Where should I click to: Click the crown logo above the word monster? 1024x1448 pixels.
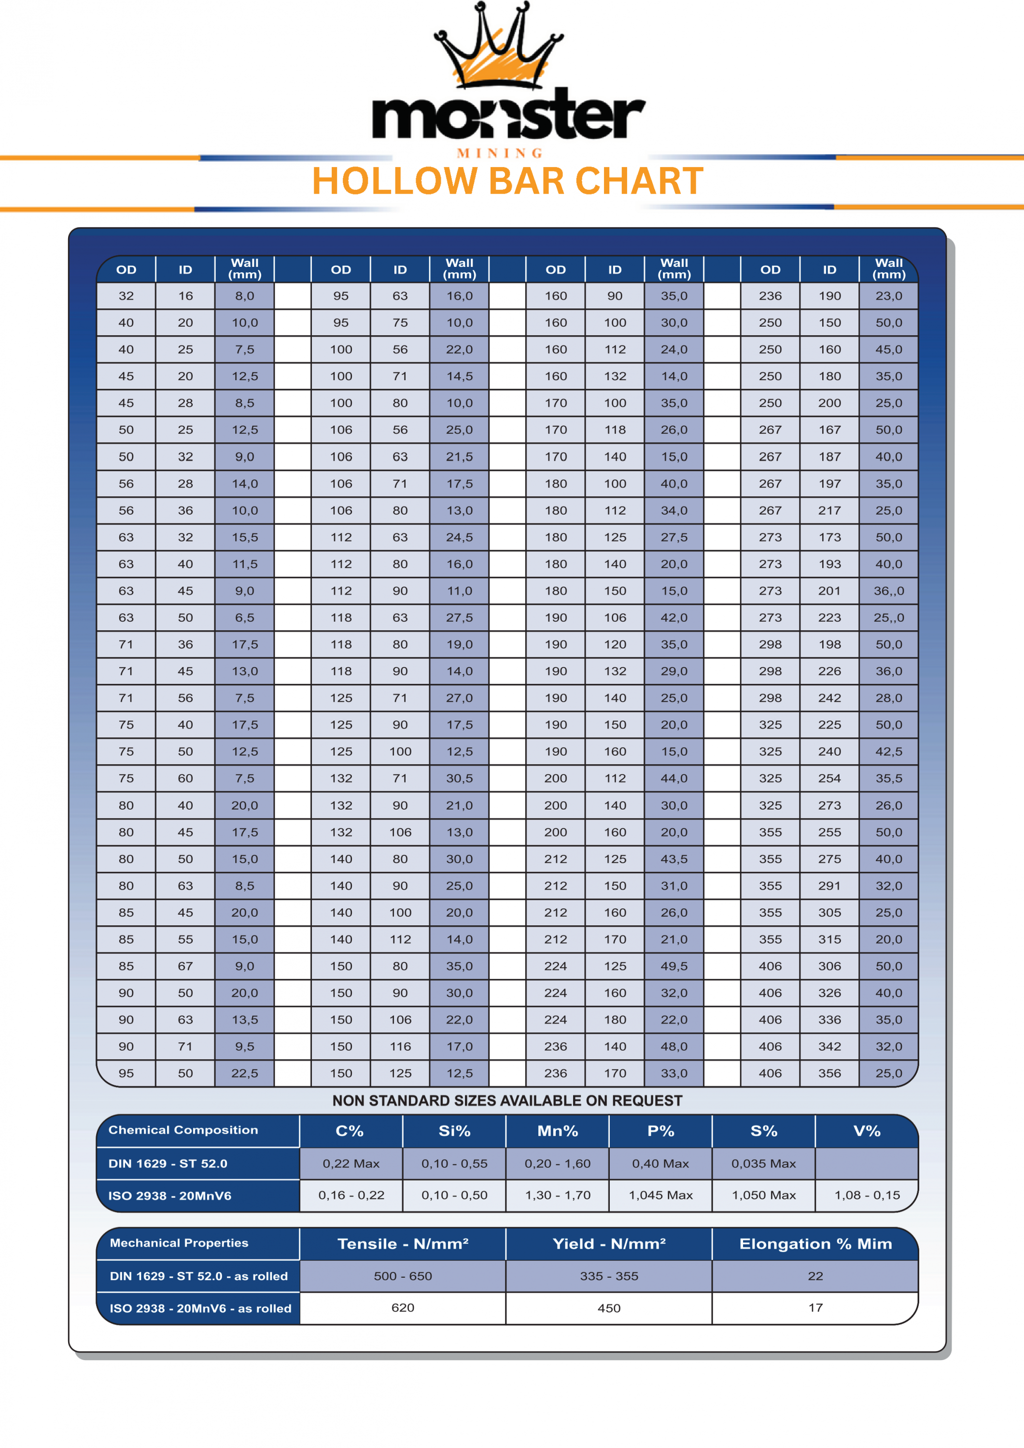(498, 47)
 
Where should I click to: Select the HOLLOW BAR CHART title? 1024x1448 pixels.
(507, 181)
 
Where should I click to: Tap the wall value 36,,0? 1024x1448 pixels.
(888, 591)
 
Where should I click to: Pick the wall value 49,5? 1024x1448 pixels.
(674, 966)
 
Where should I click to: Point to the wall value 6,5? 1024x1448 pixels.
(244, 618)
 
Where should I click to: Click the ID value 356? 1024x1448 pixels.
(829, 1073)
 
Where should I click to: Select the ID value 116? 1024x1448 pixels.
(400, 1047)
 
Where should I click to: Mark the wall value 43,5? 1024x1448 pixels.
(674, 859)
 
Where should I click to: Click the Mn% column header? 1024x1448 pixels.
(557, 1131)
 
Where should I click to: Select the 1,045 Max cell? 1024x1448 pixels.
(660, 1196)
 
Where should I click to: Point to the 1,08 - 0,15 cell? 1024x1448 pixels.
(867, 1196)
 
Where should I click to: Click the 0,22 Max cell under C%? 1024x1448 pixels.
(351, 1164)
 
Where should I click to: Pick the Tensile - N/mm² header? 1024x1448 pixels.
(403, 1244)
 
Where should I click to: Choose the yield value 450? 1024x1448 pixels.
(609, 1309)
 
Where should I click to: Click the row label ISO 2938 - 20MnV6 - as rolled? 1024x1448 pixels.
(200, 1309)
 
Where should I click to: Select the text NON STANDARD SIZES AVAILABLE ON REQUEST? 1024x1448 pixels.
(507, 1101)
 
